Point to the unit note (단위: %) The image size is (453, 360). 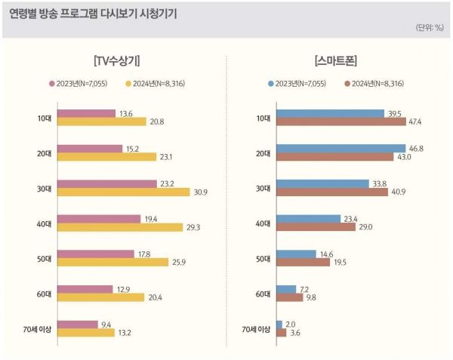point(430,28)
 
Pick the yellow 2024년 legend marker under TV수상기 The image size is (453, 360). point(128,83)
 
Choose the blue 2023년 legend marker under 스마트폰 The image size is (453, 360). point(271,83)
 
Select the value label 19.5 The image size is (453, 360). point(340,263)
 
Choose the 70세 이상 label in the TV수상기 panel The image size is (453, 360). point(36,328)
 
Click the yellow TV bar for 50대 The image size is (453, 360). point(113,263)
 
